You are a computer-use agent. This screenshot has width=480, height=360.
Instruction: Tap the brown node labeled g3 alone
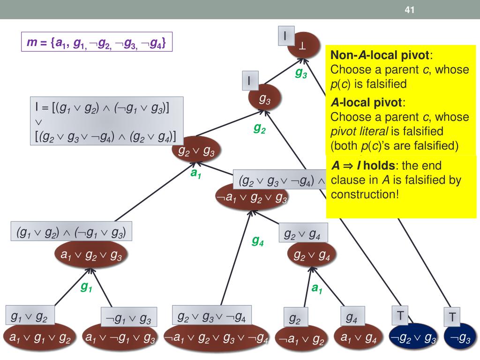pyautogui.click(x=265, y=99)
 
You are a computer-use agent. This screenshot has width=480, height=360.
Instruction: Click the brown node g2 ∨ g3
pyautogui.click(x=197, y=150)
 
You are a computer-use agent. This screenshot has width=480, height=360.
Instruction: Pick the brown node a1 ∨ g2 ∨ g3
pyautogui.click(x=91, y=255)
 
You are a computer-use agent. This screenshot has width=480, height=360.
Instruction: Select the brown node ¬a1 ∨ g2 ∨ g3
pyautogui.click(x=251, y=198)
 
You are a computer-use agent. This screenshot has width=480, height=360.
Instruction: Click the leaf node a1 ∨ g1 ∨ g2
pyautogui.click(x=37, y=338)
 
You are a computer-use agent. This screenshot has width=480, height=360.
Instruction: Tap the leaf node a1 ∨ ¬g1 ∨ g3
pyautogui.click(x=120, y=338)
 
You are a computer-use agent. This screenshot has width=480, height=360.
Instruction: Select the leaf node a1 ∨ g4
pyautogui.click(x=359, y=338)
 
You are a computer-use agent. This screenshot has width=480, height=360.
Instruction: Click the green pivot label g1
pyautogui.click(x=86, y=287)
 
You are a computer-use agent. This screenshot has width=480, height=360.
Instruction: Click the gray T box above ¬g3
pyautogui.click(x=452, y=316)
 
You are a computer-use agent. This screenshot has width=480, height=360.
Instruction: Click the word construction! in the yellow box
pyautogui.click(x=365, y=194)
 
